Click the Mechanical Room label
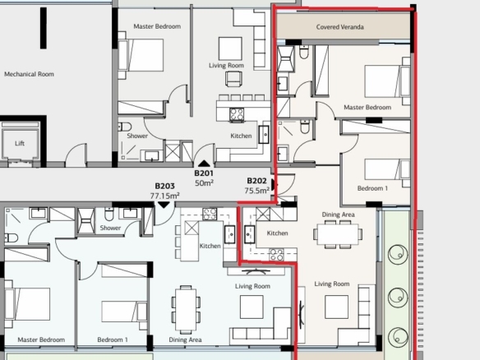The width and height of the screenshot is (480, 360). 29,74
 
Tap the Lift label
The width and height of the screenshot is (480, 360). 20,143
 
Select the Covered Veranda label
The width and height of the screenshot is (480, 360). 339,27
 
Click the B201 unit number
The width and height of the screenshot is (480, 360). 204,173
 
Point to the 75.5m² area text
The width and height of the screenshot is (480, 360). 256,191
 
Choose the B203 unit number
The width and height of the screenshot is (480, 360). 164,186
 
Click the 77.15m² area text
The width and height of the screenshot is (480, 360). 164,196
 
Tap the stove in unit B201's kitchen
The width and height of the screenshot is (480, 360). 237,114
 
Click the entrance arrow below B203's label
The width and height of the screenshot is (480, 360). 164,205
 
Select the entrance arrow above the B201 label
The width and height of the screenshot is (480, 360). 204,164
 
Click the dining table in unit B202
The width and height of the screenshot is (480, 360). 338,234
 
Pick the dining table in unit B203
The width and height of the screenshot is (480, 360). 186,309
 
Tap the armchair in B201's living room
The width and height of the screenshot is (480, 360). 234,79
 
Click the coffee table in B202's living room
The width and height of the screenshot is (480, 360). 336,307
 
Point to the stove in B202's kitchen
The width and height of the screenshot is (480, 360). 276,255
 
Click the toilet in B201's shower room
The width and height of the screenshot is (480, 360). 125,127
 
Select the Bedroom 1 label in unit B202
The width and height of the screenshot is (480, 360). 372,188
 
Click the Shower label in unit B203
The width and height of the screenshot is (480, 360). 110,228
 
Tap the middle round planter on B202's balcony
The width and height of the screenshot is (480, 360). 398,298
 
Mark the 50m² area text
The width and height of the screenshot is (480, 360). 204,183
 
